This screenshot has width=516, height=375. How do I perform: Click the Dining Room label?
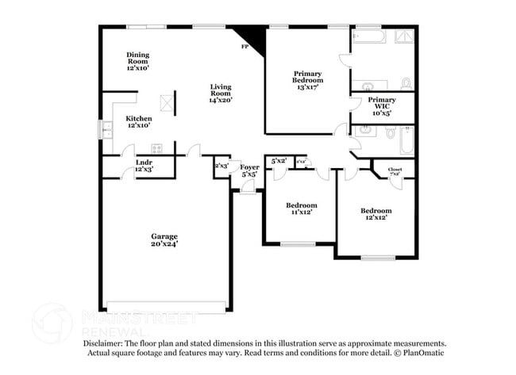pos(138,61)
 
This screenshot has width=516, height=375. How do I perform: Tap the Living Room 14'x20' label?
pos(221,93)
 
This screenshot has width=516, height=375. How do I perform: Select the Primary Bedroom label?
pos(306,80)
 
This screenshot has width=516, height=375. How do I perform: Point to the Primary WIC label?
pos(382,106)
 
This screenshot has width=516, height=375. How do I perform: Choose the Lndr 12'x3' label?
pos(144,165)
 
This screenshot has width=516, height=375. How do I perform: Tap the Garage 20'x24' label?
pos(165,240)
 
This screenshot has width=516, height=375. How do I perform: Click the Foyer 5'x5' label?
pos(249,170)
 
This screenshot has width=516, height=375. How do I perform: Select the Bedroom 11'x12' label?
pos(302,209)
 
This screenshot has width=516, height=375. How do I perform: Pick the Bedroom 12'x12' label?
pos(375,214)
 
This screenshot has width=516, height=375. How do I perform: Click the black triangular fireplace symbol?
pos(245,36)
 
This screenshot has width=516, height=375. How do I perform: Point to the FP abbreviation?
pos(245,48)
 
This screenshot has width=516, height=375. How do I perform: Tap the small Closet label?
pos(395,172)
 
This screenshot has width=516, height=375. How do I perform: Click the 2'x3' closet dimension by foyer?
pos(221,166)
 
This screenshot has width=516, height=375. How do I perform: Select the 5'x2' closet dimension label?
pos(278,161)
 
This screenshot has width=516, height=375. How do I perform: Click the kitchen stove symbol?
pos(156,148)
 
